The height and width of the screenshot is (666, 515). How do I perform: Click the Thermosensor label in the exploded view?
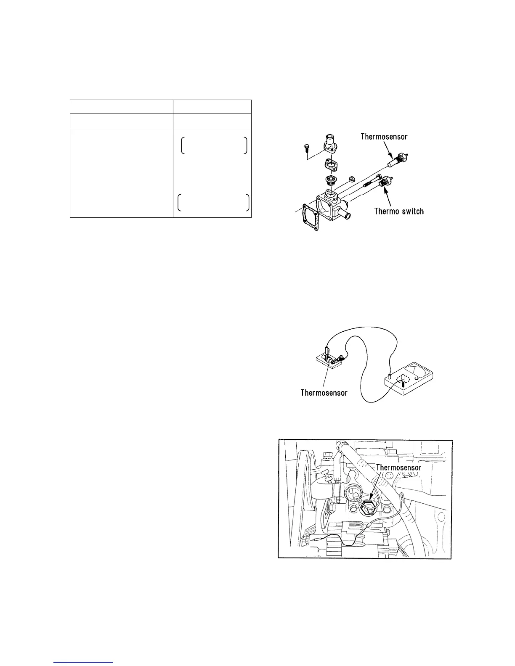click(384, 136)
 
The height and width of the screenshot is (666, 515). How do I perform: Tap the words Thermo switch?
click(399, 211)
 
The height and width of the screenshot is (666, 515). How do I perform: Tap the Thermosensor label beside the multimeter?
click(324, 393)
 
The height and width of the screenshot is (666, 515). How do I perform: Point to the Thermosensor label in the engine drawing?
click(398, 467)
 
